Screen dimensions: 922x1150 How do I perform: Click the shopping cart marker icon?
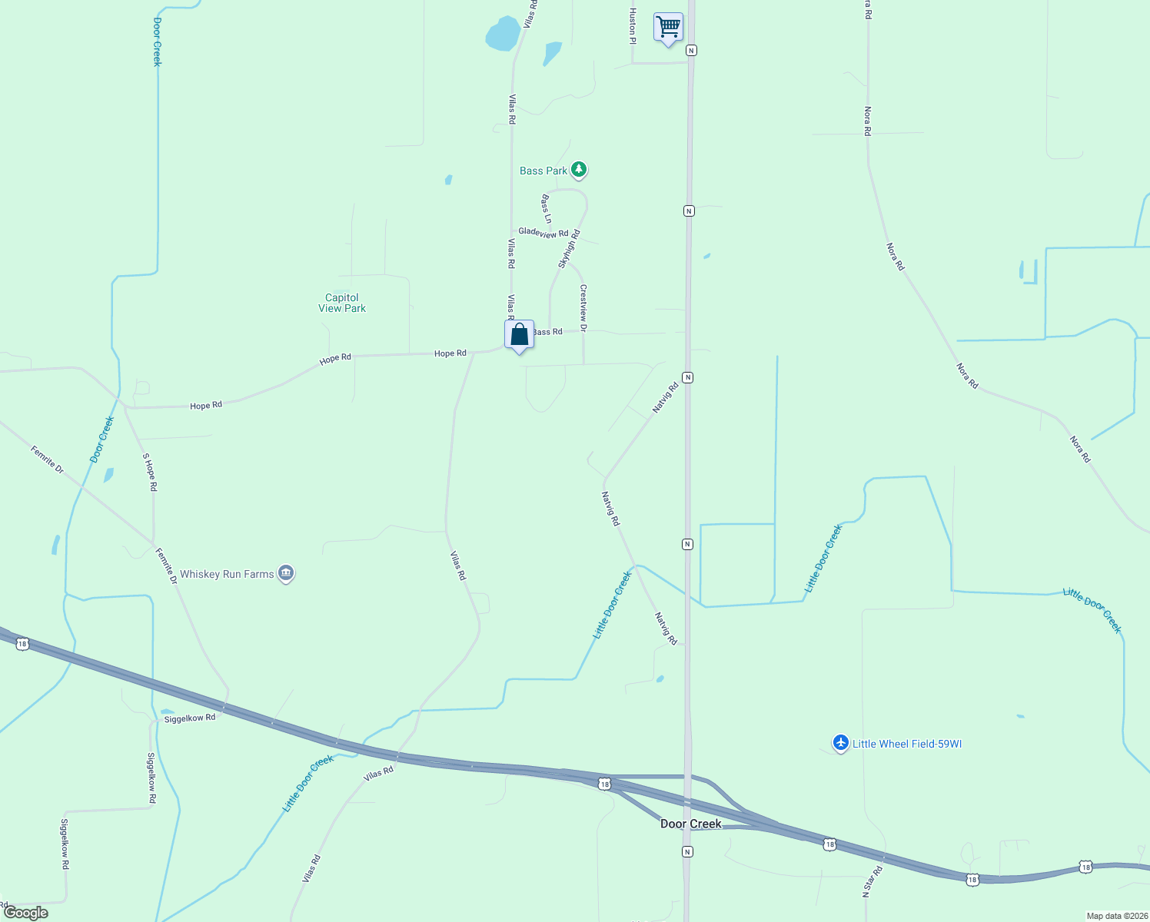click(668, 27)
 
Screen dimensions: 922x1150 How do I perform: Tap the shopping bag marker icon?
click(519, 334)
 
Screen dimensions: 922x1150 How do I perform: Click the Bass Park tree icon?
click(579, 170)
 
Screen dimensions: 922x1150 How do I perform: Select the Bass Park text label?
click(543, 171)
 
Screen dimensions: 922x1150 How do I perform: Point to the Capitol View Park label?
click(342, 303)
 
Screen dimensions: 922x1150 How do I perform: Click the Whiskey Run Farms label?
click(227, 574)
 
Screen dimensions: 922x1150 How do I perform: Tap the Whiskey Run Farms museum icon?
click(286, 573)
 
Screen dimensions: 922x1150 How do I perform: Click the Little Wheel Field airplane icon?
click(840, 743)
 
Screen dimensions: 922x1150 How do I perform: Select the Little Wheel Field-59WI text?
click(907, 744)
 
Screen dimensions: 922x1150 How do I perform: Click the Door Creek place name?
click(691, 824)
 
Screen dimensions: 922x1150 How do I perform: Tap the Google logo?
click(25, 913)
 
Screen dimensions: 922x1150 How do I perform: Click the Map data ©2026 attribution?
click(1116, 916)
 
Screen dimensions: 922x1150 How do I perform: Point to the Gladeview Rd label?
click(543, 232)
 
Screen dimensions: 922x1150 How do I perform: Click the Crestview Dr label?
click(583, 307)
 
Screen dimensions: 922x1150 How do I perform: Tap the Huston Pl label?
click(633, 25)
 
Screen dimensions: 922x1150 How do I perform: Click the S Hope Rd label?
click(150, 472)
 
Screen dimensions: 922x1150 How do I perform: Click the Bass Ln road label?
click(547, 209)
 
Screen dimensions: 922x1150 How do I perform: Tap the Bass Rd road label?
click(548, 332)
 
